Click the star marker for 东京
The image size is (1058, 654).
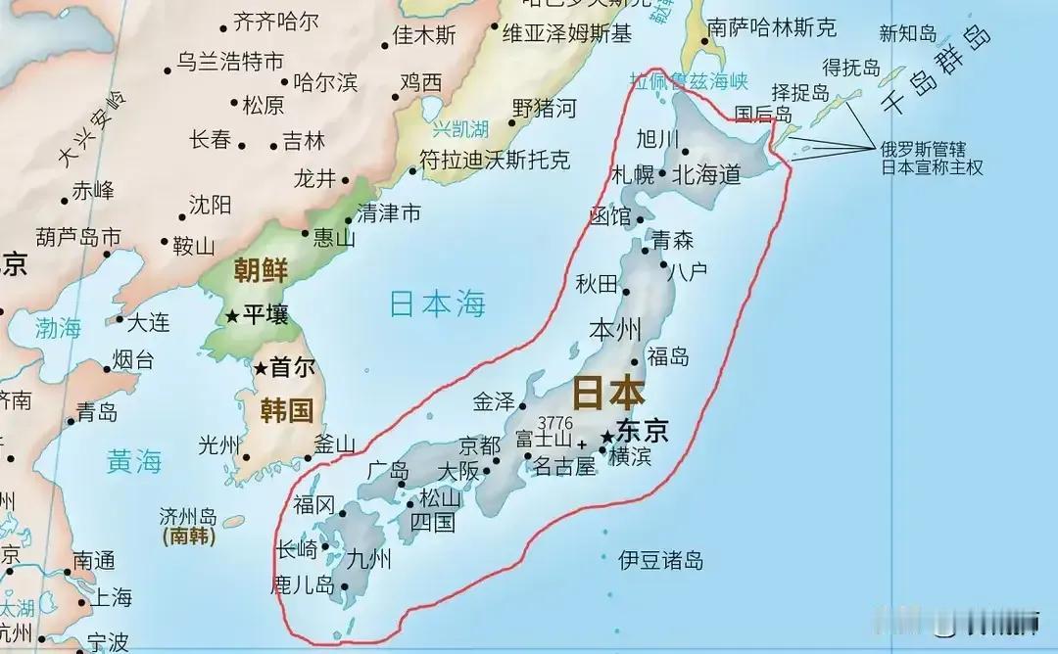click(607, 436)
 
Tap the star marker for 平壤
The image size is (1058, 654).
click(232, 315)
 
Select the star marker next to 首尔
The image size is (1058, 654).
click(261, 369)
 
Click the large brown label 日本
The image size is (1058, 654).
click(607, 393)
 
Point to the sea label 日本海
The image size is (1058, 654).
click(437, 304)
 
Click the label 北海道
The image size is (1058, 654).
click(705, 175)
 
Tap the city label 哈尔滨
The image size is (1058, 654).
click(325, 83)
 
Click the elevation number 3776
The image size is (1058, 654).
click(555, 422)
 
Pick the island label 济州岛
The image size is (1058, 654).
click(188, 516)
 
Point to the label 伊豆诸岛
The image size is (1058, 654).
click(660, 561)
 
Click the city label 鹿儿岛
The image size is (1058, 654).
click(303, 586)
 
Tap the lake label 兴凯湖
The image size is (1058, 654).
click(461, 128)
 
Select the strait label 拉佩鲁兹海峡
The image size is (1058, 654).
click(689, 81)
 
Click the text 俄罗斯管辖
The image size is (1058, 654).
click(923, 150)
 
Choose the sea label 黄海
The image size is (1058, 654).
click(134, 460)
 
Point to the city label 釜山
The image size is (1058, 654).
click(334, 444)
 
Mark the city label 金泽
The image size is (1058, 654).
click(494, 401)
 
